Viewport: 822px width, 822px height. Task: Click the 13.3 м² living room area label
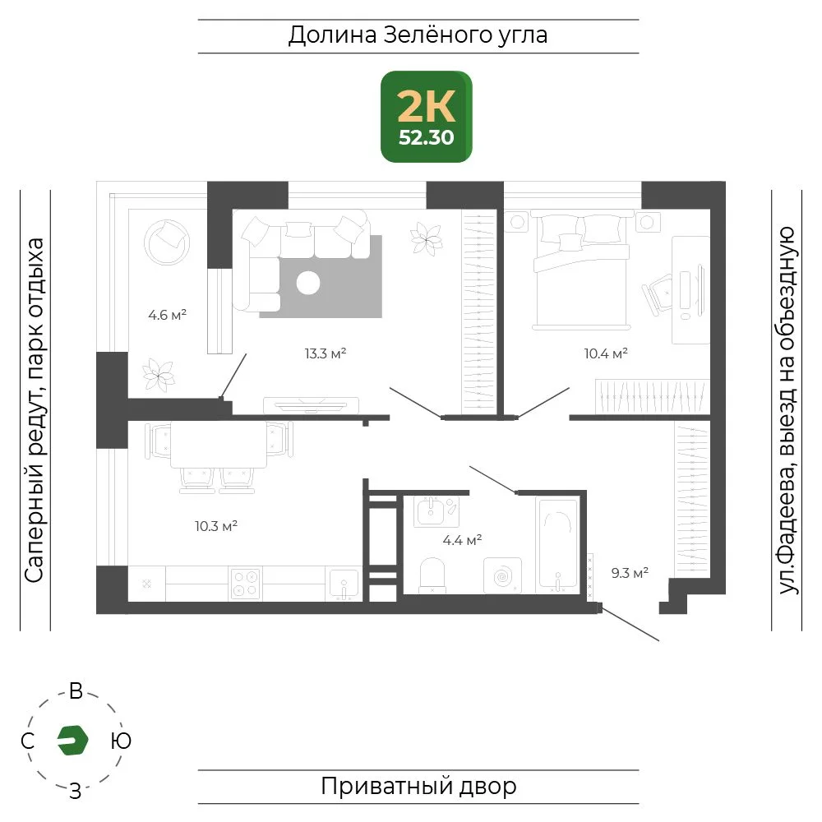pyautogui.click(x=325, y=353)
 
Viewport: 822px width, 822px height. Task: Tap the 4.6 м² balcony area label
pyautogui.click(x=167, y=315)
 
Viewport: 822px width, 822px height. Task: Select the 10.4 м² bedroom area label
pyautogui.click(x=606, y=353)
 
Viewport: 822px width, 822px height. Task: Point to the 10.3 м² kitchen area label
pyautogui.click(x=216, y=526)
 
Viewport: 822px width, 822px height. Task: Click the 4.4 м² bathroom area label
pyautogui.click(x=462, y=540)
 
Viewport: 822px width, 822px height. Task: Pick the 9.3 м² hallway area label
pyautogui.click(x=630, y=572)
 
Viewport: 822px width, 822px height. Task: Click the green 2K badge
pyautogui.click(x=426, y=117)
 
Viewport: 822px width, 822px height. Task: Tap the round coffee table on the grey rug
pyautogui.click(x=308, y=283)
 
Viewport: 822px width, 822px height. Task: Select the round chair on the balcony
pyautogui.click(x=167, y=242)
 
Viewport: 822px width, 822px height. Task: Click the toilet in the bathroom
pyautogui.click(x=432, y=575)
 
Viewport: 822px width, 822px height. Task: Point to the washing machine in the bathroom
pyautogui.click(x=502, y=575)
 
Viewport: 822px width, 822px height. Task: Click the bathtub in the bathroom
pyautogui.click(x=558, y=545)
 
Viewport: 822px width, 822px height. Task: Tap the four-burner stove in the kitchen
pyautogui.click(x=245, y=584)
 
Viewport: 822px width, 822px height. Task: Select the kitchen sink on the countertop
pyautogui.click(x=344, y=584)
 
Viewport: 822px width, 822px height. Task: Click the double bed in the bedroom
pyautogui.click(x=581, y=270)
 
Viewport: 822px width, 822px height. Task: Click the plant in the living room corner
pyautogui.click(x=426, y=239)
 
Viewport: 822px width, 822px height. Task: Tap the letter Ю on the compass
pyautogui.click(x=121, y=741)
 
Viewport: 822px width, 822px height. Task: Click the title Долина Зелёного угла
pyautogui.click(x=418, y=35)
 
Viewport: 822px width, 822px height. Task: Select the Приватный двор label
pyautogui.click(x=418, y=787)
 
